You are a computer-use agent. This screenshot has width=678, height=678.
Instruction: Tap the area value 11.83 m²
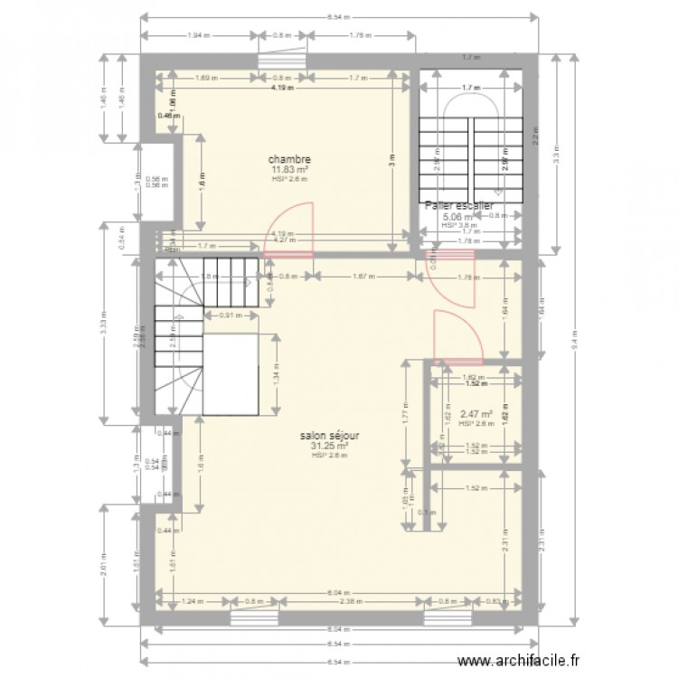(289, 169)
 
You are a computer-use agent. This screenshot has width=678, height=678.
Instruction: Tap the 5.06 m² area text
(454, 216)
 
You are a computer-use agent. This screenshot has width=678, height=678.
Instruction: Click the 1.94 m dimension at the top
(199, 36)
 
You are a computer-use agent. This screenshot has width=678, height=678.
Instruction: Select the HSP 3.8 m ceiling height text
(461, 226)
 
